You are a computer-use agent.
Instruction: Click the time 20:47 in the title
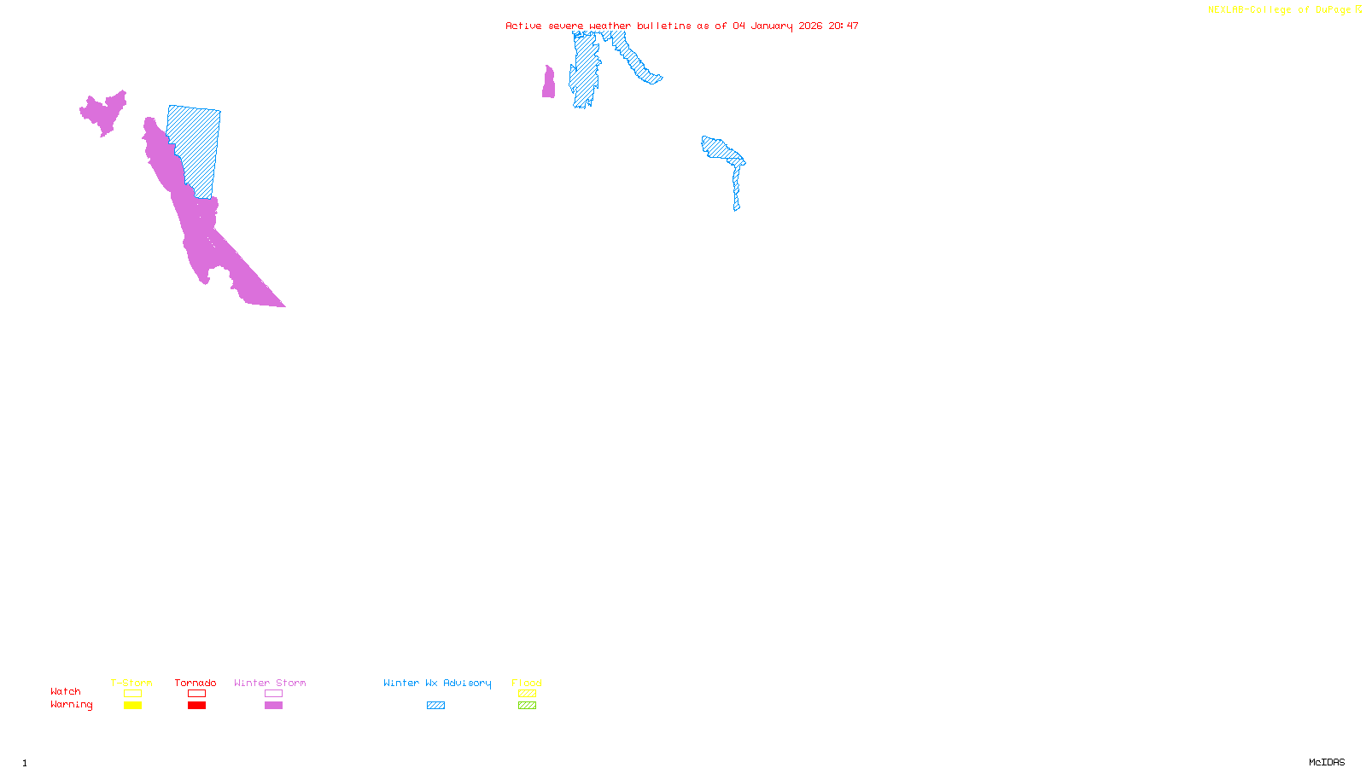(843, 26)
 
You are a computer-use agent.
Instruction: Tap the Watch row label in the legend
(66, 691)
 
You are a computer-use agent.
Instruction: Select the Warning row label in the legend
(72, 705)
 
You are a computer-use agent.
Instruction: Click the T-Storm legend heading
(131, 683)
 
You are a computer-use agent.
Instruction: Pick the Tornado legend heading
(196, 683)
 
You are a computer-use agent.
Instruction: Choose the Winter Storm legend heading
(270, 683)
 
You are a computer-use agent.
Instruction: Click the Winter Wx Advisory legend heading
(437, 683)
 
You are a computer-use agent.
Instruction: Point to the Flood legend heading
(527, 683)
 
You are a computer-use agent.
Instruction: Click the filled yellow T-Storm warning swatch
(132, 706)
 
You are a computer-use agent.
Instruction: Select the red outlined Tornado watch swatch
(196, 694)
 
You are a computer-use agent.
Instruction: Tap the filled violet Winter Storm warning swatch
(273, 706)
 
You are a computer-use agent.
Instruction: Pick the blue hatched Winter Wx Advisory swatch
(435, 706)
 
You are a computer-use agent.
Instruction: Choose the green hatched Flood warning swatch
(527, 706)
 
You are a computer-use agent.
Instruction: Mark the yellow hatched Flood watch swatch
(527, 694)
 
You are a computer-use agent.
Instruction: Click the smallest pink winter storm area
(548, 84)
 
